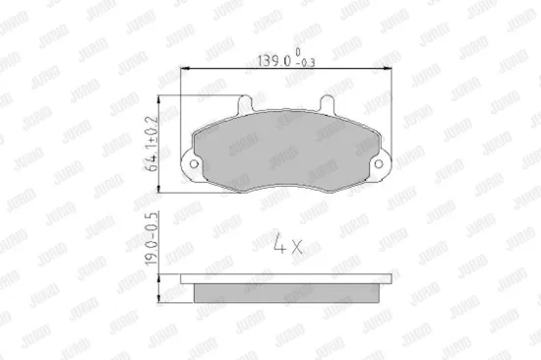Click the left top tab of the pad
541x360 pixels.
point(246,103)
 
